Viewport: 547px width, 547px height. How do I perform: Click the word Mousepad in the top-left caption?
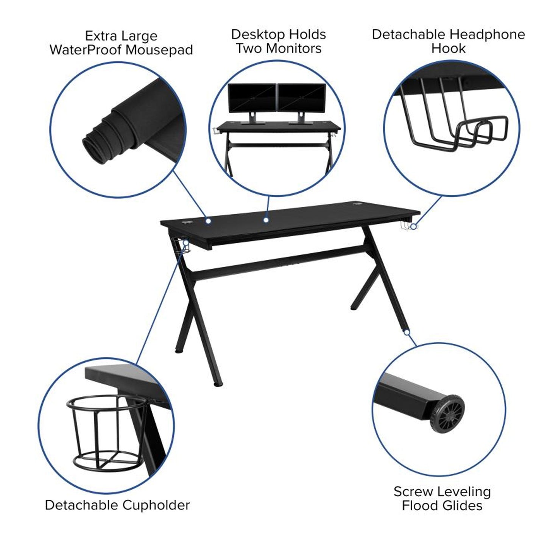(x=159, y=50)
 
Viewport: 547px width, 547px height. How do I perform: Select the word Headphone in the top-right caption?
(x=487, y=34)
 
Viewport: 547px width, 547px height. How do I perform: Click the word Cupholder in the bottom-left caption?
(x=156, y=505)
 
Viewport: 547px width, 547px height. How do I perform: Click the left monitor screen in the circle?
(x=252, y=98)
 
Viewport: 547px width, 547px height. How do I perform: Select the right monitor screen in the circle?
(x=301, y=98)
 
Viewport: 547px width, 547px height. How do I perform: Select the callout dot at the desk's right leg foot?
(x=407, y=332)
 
